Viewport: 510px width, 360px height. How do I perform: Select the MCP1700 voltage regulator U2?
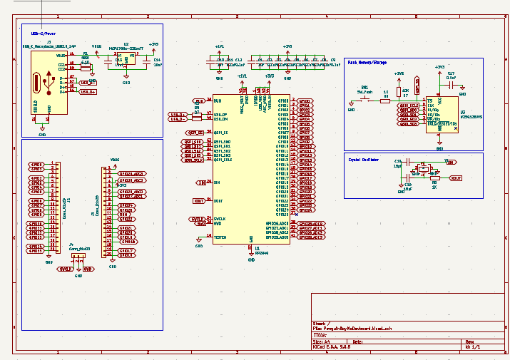[x=126, y=60]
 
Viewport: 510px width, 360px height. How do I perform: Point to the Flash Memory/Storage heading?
[x=367, y=63]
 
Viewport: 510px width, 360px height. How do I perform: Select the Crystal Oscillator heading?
[x=363, y=158]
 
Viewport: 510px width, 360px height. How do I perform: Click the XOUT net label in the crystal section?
[x=456, y=178]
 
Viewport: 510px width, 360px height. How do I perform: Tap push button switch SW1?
[x=366, y=100]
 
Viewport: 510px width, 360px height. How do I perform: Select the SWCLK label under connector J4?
[x=66, y=269]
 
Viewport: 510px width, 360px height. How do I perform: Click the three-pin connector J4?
[x=78, y=255]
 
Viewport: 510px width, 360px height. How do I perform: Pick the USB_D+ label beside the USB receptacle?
[x=88, y=92]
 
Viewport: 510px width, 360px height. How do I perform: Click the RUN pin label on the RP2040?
[x=218, y=101]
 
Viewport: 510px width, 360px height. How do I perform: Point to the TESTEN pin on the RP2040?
[x=221, y=236]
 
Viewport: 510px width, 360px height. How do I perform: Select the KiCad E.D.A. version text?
[x=332, y=348]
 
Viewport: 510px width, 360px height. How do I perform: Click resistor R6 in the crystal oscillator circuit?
[x=434, y=178]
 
